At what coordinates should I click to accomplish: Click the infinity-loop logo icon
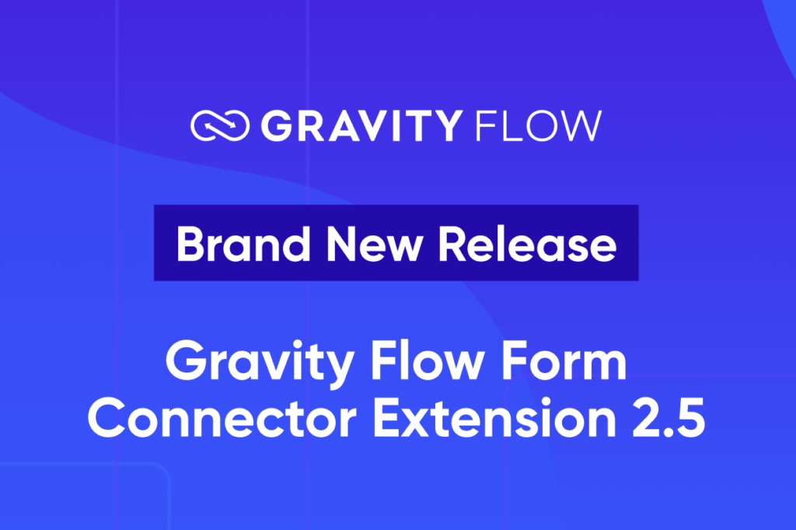pyautogui.click(x=220, y=126)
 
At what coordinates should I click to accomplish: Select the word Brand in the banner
pyautogui.click(x=234, y=243)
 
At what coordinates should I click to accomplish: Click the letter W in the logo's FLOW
pyautogui.click(x=581, y=126)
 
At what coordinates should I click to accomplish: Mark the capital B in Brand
pyautogui.click(x=189, y=243)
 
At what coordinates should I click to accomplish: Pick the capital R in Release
pyautogui.click(x=452, y=243)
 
